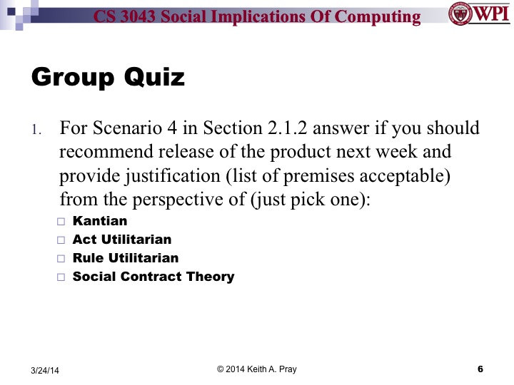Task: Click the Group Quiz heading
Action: [108, 77]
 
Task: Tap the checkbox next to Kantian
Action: [61, 222]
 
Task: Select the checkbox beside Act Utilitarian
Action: [61, 240]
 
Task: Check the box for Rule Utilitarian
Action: [61, 259]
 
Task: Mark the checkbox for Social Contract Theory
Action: [61, 277]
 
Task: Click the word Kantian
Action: [100, 222]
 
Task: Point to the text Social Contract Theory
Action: [153, 277]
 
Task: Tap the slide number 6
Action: [480, 369]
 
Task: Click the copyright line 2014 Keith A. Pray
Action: [257, 369]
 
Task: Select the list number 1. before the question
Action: [37, 130]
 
